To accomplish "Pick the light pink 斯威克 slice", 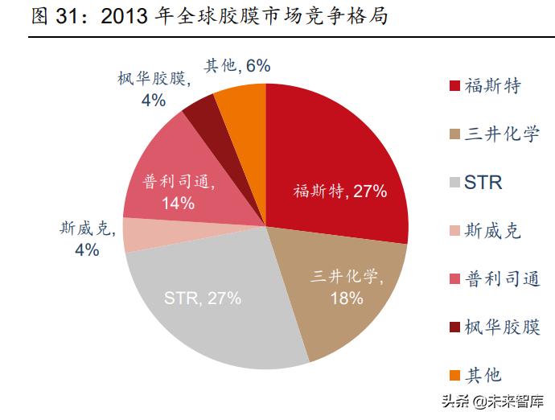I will click(141, 234).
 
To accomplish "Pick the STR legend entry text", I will click(483, 183).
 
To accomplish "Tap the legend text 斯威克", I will click(493, 231).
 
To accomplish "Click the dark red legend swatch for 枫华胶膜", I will click(455, 327).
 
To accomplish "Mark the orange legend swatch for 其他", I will click(455, 376).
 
